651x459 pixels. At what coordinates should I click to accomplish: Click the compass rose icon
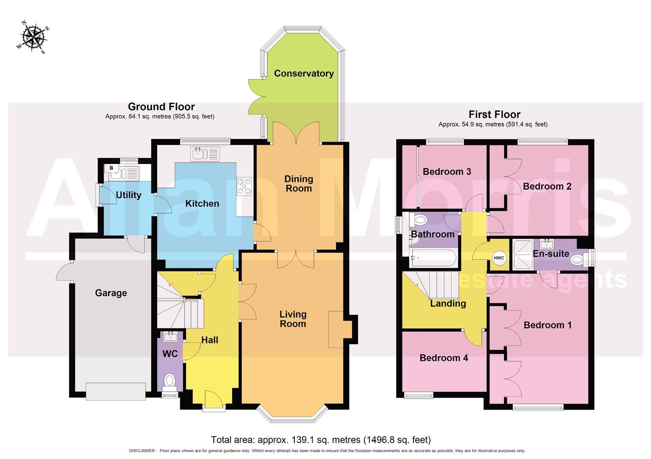33,37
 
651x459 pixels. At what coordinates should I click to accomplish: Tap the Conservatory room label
303,74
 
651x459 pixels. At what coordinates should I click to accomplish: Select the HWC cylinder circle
498,258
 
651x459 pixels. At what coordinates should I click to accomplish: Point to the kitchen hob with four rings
245,186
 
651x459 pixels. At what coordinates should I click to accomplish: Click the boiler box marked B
111,168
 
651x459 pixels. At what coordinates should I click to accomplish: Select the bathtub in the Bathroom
433,258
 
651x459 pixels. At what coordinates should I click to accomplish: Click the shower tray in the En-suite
523,255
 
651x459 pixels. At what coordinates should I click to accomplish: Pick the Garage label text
111,293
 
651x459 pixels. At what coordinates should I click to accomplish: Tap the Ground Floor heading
161,107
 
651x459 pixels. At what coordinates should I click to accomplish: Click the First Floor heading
494,114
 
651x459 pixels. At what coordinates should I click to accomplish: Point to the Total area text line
321,440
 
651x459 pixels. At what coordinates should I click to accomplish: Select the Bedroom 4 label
444,358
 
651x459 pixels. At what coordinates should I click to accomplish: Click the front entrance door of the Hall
213,401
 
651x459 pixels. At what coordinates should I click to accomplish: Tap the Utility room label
128,195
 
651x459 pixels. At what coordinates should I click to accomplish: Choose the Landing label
448,303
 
